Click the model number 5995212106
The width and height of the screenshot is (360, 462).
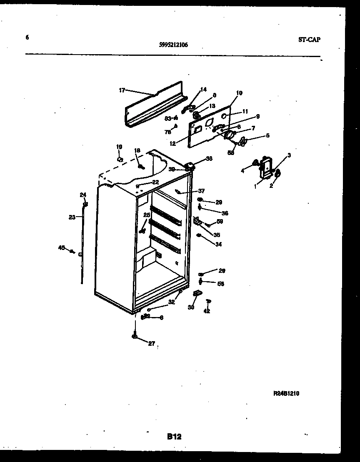click(173, 45)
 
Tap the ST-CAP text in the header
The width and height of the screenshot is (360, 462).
click(309, 40)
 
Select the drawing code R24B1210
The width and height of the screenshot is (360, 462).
click(286, 393)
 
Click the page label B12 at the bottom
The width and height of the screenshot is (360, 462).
click(174, 437)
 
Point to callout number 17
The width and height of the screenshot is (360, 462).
click(122, 90)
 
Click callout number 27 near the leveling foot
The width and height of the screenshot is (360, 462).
click(151, 344)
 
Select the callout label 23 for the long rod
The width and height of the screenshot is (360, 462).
click(72, 217)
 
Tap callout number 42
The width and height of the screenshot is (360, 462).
click(207, 311)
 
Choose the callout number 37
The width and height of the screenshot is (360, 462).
click(201, 191)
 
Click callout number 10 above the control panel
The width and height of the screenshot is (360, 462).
click(239, 93)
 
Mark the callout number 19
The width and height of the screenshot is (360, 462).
click(119, 147)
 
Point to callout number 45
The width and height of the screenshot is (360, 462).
click(61, 248)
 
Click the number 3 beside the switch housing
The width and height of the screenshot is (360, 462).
click(289, 155)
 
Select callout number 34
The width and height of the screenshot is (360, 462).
click(218, 244)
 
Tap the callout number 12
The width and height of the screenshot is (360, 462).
click(172, 143)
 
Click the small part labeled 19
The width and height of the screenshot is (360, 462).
click(120, 159)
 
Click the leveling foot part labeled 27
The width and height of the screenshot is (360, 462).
click(135, 336)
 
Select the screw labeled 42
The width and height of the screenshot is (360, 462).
click(208, 301)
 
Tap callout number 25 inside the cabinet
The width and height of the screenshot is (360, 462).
click(146, 215)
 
